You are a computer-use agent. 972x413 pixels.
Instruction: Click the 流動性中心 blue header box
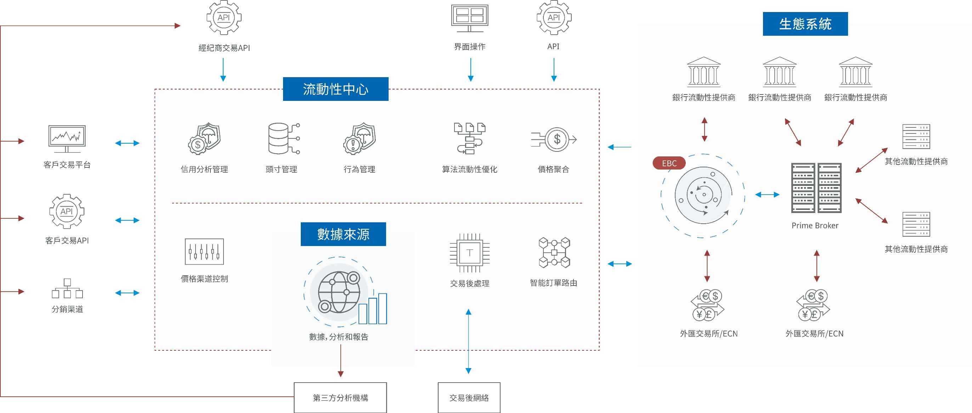pyautogui.click(x=335, y=89)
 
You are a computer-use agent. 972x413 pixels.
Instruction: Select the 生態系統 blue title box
pyautogui.click(x=805, y=24)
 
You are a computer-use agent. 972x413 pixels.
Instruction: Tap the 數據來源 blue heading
pyautogui.click(x=343, y=234)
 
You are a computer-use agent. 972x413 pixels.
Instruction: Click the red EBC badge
pyautogui.click(x=669, y=163)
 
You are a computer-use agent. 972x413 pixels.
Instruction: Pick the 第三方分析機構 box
pyautogui.click(x=340, y=397)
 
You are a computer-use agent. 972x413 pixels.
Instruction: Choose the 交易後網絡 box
pyautogui.click(x=469, y=397)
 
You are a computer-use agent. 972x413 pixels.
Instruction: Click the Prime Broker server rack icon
pyautogui.click(x=816, y=188)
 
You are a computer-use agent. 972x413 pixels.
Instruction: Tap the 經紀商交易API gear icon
pyautogui.click(x=224, y=18)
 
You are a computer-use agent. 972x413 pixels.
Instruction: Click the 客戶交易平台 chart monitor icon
pyautogui.click(x=67, y=139)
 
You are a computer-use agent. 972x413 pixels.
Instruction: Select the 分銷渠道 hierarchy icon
pyautogui.click(x=67, y=288)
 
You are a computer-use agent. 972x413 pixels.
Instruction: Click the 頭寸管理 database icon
pyautogui.click(x=284, y=139)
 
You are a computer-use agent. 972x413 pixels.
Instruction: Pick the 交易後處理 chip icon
pyautogui.click(x=469, y=252)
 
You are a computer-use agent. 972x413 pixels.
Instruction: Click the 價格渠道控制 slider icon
pyautogui.click(x=204, y=251)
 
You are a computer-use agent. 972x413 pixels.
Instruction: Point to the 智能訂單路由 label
pyautogui.click(x=553, y=283)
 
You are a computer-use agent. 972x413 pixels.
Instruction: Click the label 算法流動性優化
pyautogui.click(x=469, y=169)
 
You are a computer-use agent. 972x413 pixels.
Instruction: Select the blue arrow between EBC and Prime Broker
pyautogui.click(x=767, y=194)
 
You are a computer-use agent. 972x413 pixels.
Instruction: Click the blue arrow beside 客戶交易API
pyautogui.click(x=127, y=220)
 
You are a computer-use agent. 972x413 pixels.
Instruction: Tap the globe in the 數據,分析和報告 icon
pyautogui.click(x=339, y=292)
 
